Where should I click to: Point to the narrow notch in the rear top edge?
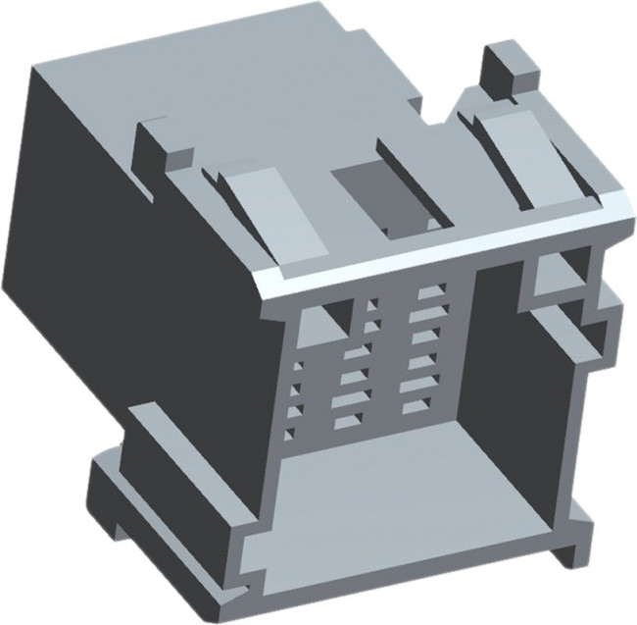pos(432,113)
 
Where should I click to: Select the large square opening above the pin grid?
pos(324,318)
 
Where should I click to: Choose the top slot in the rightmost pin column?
pos(428,291)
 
